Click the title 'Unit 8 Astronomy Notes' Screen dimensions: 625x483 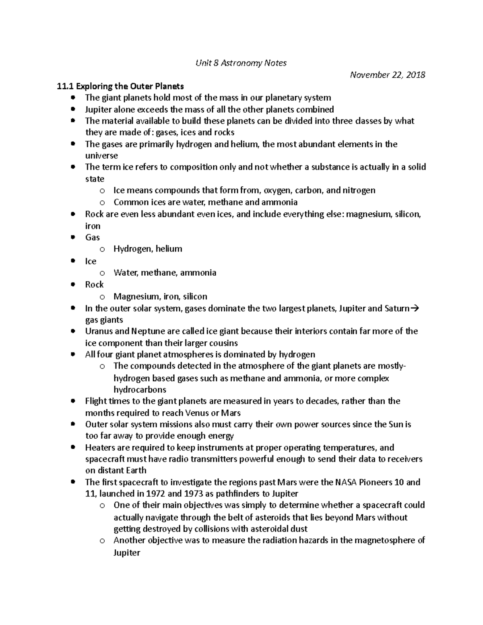241,63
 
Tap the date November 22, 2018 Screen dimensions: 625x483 387,75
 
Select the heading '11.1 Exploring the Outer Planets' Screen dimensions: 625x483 120,86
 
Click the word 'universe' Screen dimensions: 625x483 101,156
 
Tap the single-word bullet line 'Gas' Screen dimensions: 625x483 93,237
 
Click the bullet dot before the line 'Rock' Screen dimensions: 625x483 73,285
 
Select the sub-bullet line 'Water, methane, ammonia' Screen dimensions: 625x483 165,273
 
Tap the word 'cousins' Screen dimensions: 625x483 223,343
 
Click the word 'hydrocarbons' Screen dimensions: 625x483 140,390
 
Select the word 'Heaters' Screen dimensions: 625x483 99,448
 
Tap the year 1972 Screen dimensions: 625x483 165,494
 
